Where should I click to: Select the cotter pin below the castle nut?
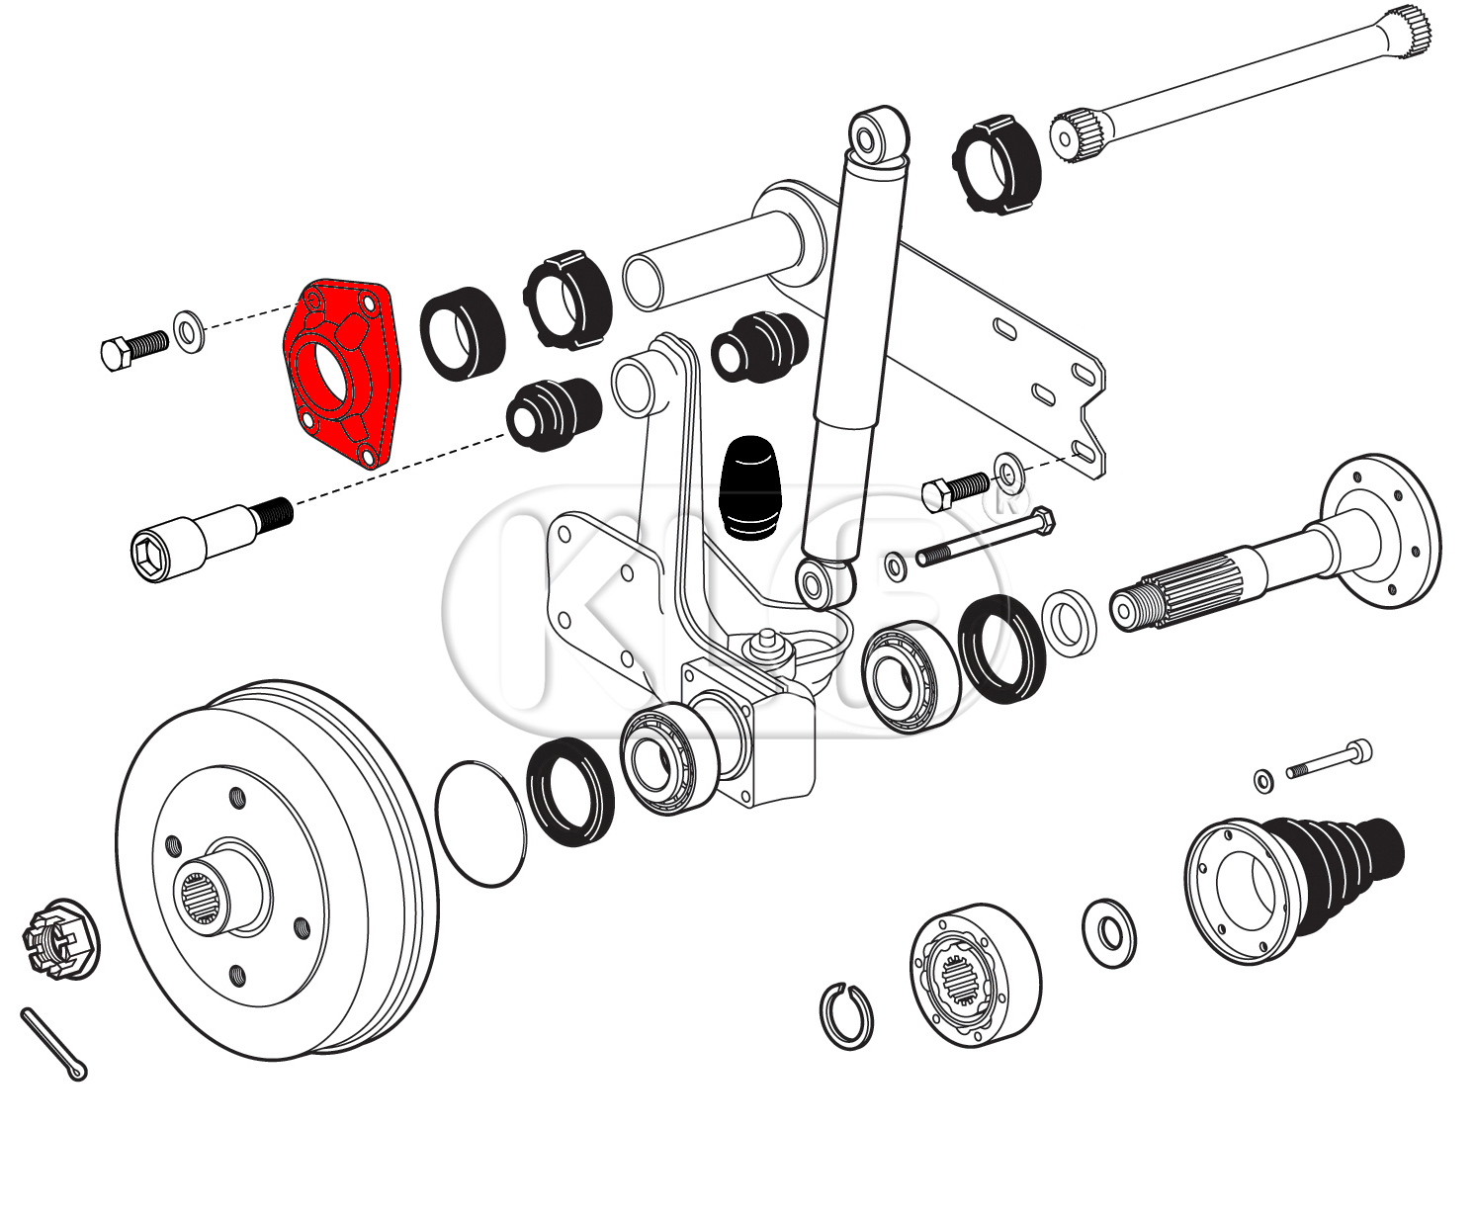(53, 1044)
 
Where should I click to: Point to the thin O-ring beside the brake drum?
(480, 824)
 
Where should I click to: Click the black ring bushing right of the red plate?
(462, 332)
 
